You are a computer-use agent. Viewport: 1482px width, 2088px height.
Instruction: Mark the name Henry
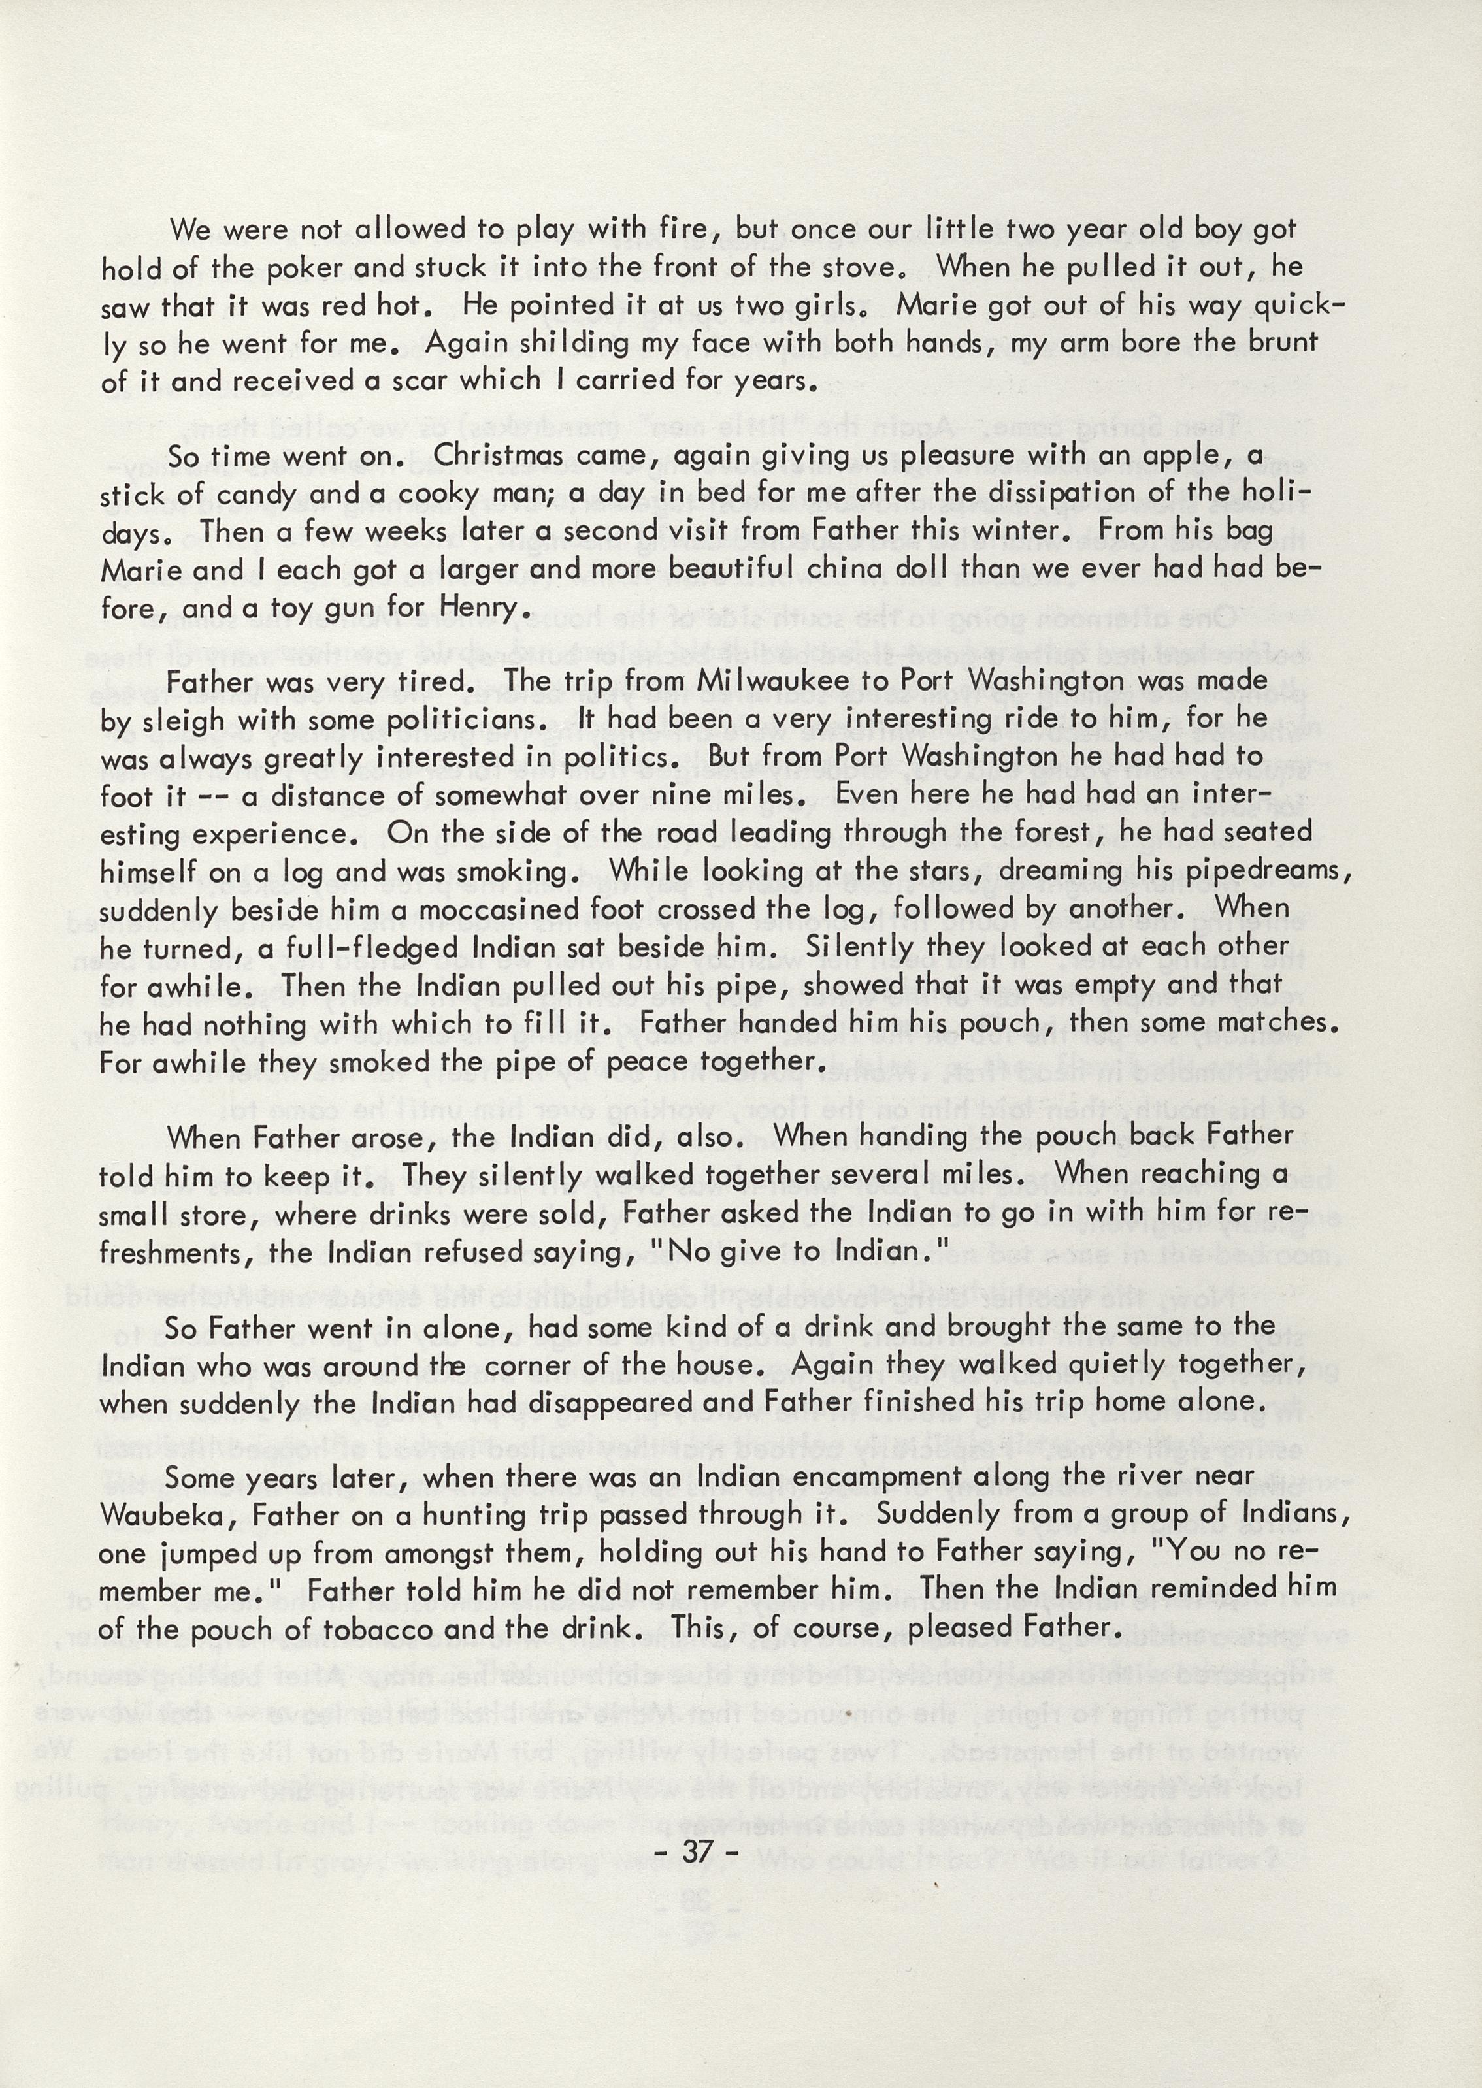[481, 608]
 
